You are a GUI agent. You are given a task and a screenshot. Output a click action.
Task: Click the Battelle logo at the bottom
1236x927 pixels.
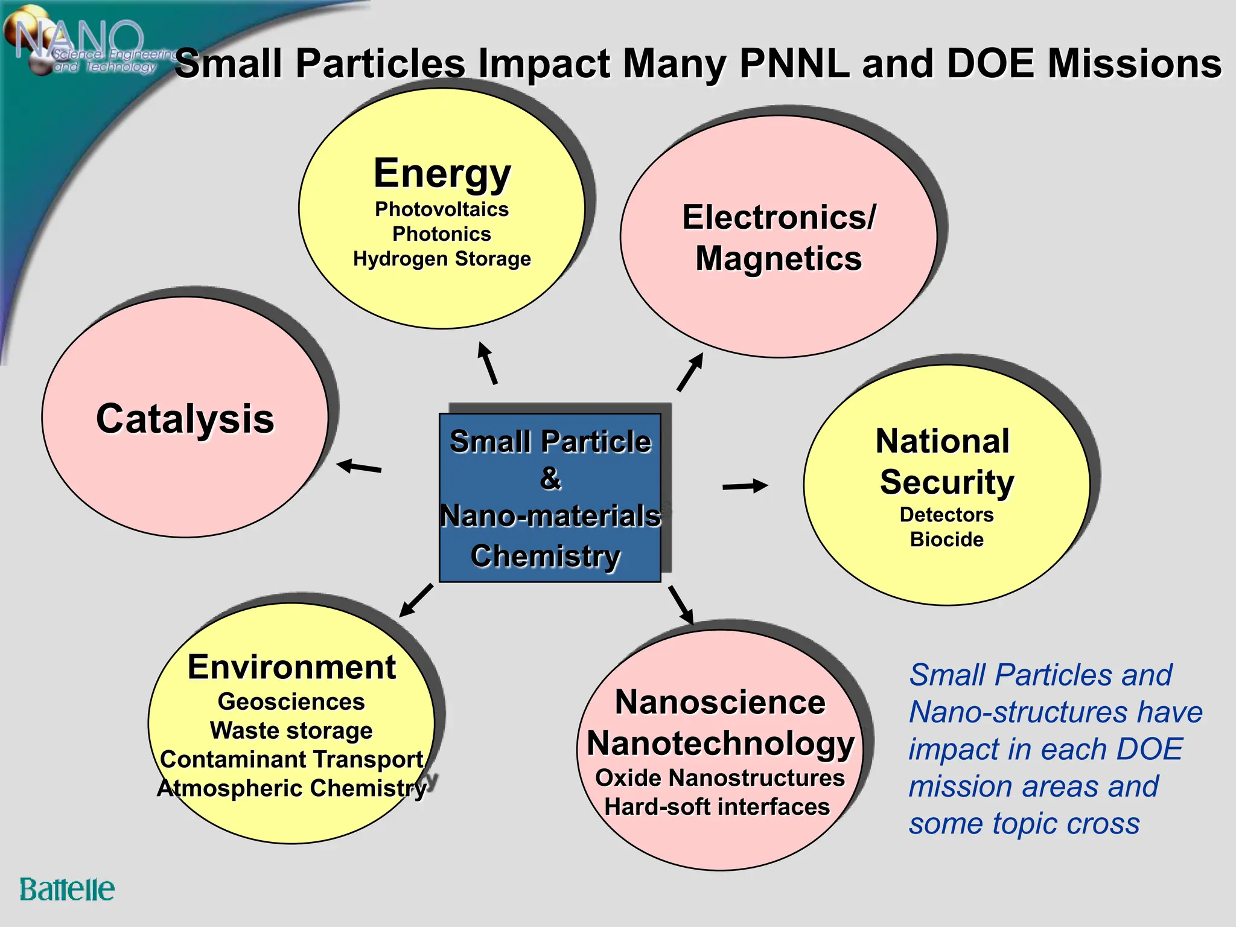point(66,890)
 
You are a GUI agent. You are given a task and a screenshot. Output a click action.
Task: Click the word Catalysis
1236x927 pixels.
point(185,418)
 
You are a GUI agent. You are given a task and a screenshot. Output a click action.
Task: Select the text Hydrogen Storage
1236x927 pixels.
point(442,259)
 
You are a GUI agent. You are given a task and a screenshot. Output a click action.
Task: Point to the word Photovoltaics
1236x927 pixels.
point(442,209)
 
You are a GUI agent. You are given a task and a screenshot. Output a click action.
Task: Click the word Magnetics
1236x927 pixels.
point(779,259)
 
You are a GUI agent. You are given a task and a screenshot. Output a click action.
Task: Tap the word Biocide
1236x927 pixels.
point(946,539)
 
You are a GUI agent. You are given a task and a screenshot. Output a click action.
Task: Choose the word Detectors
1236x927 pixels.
point(946,514)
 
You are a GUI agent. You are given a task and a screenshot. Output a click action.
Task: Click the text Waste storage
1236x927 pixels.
point(291,730)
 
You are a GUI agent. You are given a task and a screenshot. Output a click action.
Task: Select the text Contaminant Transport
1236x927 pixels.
point(291,759)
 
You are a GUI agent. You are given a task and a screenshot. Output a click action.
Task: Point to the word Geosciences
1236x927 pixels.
point(291,701)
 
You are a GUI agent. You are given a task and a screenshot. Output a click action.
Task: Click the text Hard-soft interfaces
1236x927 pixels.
point(717,807)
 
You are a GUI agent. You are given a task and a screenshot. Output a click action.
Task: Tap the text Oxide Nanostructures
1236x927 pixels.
point(720,778)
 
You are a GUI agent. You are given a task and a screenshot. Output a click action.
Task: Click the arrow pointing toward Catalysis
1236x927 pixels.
point(359,467)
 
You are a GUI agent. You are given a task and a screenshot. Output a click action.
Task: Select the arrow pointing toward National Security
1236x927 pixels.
point(745,486)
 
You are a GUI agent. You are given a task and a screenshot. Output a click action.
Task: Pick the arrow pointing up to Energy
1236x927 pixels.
point(488,363)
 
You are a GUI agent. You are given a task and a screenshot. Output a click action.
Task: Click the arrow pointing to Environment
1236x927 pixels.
point(416,600)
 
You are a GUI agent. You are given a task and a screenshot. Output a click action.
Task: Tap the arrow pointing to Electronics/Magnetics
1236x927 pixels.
point(690,372)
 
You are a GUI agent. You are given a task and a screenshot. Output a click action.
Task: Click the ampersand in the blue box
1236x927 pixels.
point(550,479)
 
